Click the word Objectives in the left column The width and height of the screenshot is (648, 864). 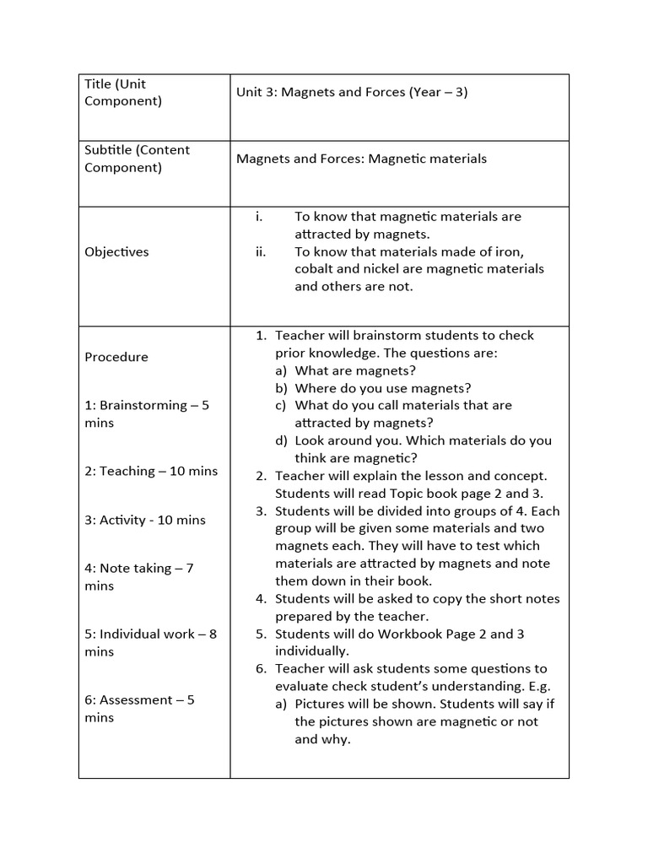tap(116, 251)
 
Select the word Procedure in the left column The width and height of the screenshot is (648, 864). tap(116, 357)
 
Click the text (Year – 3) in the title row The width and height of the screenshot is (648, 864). tap(438, 92)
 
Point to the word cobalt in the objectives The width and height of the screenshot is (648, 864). tap(316, 268)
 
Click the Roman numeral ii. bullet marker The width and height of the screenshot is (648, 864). tap(261, 251)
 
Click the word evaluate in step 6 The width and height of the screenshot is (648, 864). tap(301, 686)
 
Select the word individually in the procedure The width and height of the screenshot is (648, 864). tap(312, 651)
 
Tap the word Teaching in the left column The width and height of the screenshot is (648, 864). tap(127, 471)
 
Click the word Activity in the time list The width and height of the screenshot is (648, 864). tap(123, 520)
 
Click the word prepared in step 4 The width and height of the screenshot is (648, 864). tap(303, 616)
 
